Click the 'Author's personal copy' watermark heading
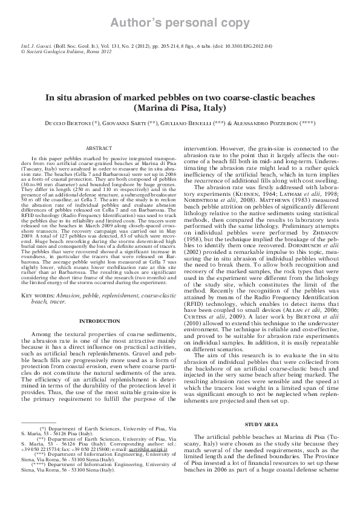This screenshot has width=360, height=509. pyautogui.click(x=180, y=24)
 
